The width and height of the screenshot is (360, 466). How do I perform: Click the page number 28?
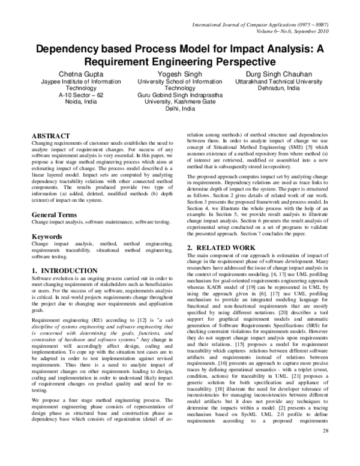[326, 448]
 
